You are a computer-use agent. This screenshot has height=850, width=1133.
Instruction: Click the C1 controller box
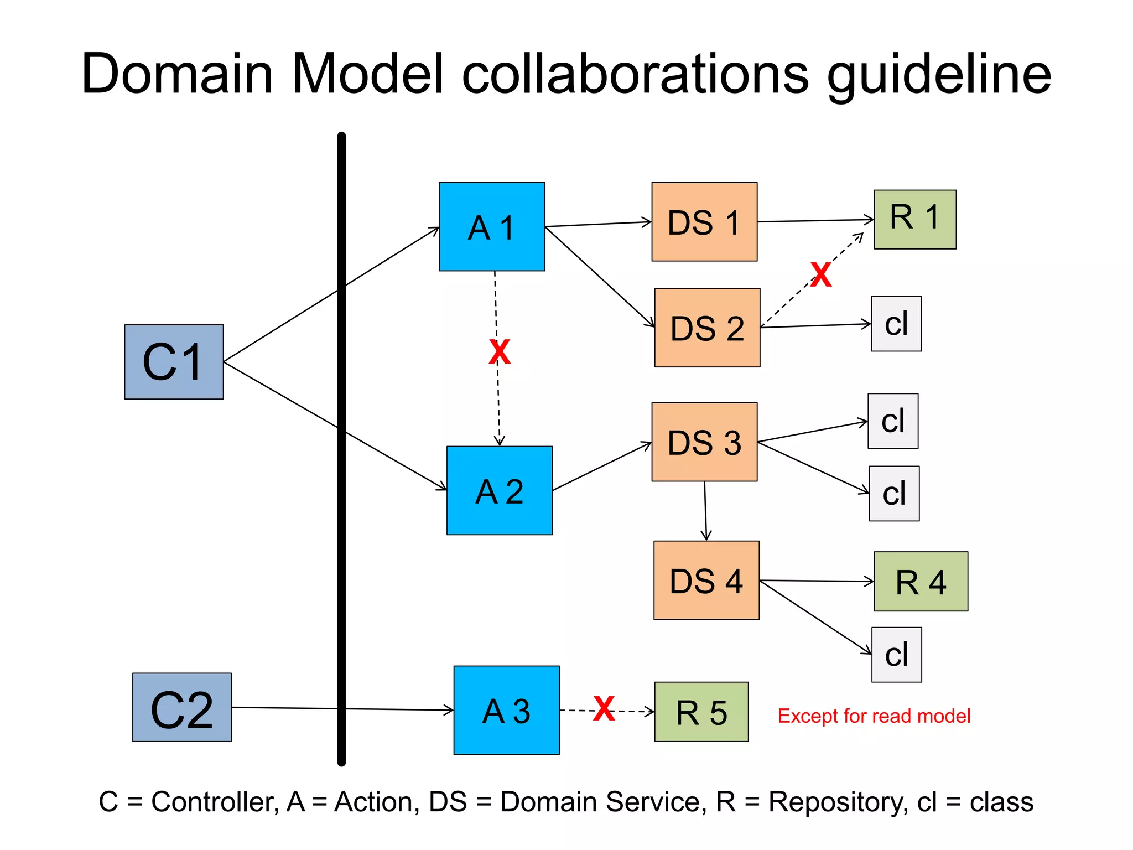174,361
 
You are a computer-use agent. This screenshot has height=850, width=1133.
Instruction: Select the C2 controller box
181,707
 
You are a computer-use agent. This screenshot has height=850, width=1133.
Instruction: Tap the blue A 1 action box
492,226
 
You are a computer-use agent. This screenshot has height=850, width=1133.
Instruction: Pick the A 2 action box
499,490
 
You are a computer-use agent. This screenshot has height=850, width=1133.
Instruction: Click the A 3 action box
506,710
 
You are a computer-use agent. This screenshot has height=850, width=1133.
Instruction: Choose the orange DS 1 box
704,221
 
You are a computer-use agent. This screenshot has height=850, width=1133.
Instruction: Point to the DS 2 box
707,328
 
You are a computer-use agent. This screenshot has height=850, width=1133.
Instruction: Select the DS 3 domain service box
704,442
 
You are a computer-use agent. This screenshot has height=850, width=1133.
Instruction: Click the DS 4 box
706,580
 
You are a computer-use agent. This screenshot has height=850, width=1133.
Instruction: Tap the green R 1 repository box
915,219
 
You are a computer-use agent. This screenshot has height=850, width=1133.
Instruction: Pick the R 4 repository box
921,581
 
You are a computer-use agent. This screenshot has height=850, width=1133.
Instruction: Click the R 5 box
701,712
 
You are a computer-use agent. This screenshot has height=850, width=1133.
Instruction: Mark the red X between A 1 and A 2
500,352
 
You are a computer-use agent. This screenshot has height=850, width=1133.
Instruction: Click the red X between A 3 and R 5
604,708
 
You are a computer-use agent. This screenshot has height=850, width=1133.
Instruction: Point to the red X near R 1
821,275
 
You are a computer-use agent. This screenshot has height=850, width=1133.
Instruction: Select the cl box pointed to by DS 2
896,324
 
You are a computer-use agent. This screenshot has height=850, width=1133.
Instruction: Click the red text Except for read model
874,716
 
